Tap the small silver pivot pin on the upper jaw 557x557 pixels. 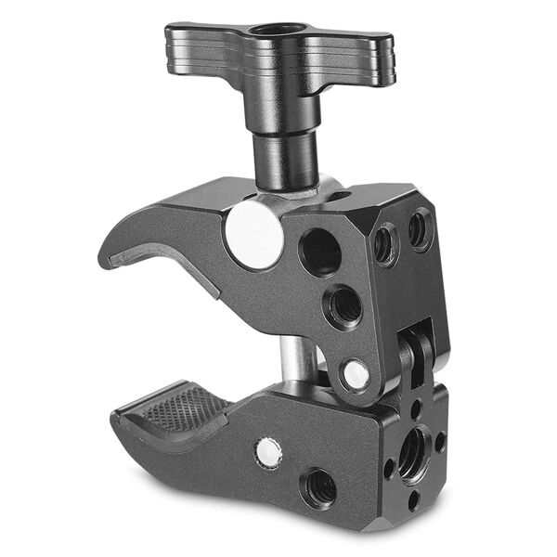pyautogui.click(x=355, y=374)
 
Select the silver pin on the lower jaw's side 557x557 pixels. pyautogui.click(x=268, y=452)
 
